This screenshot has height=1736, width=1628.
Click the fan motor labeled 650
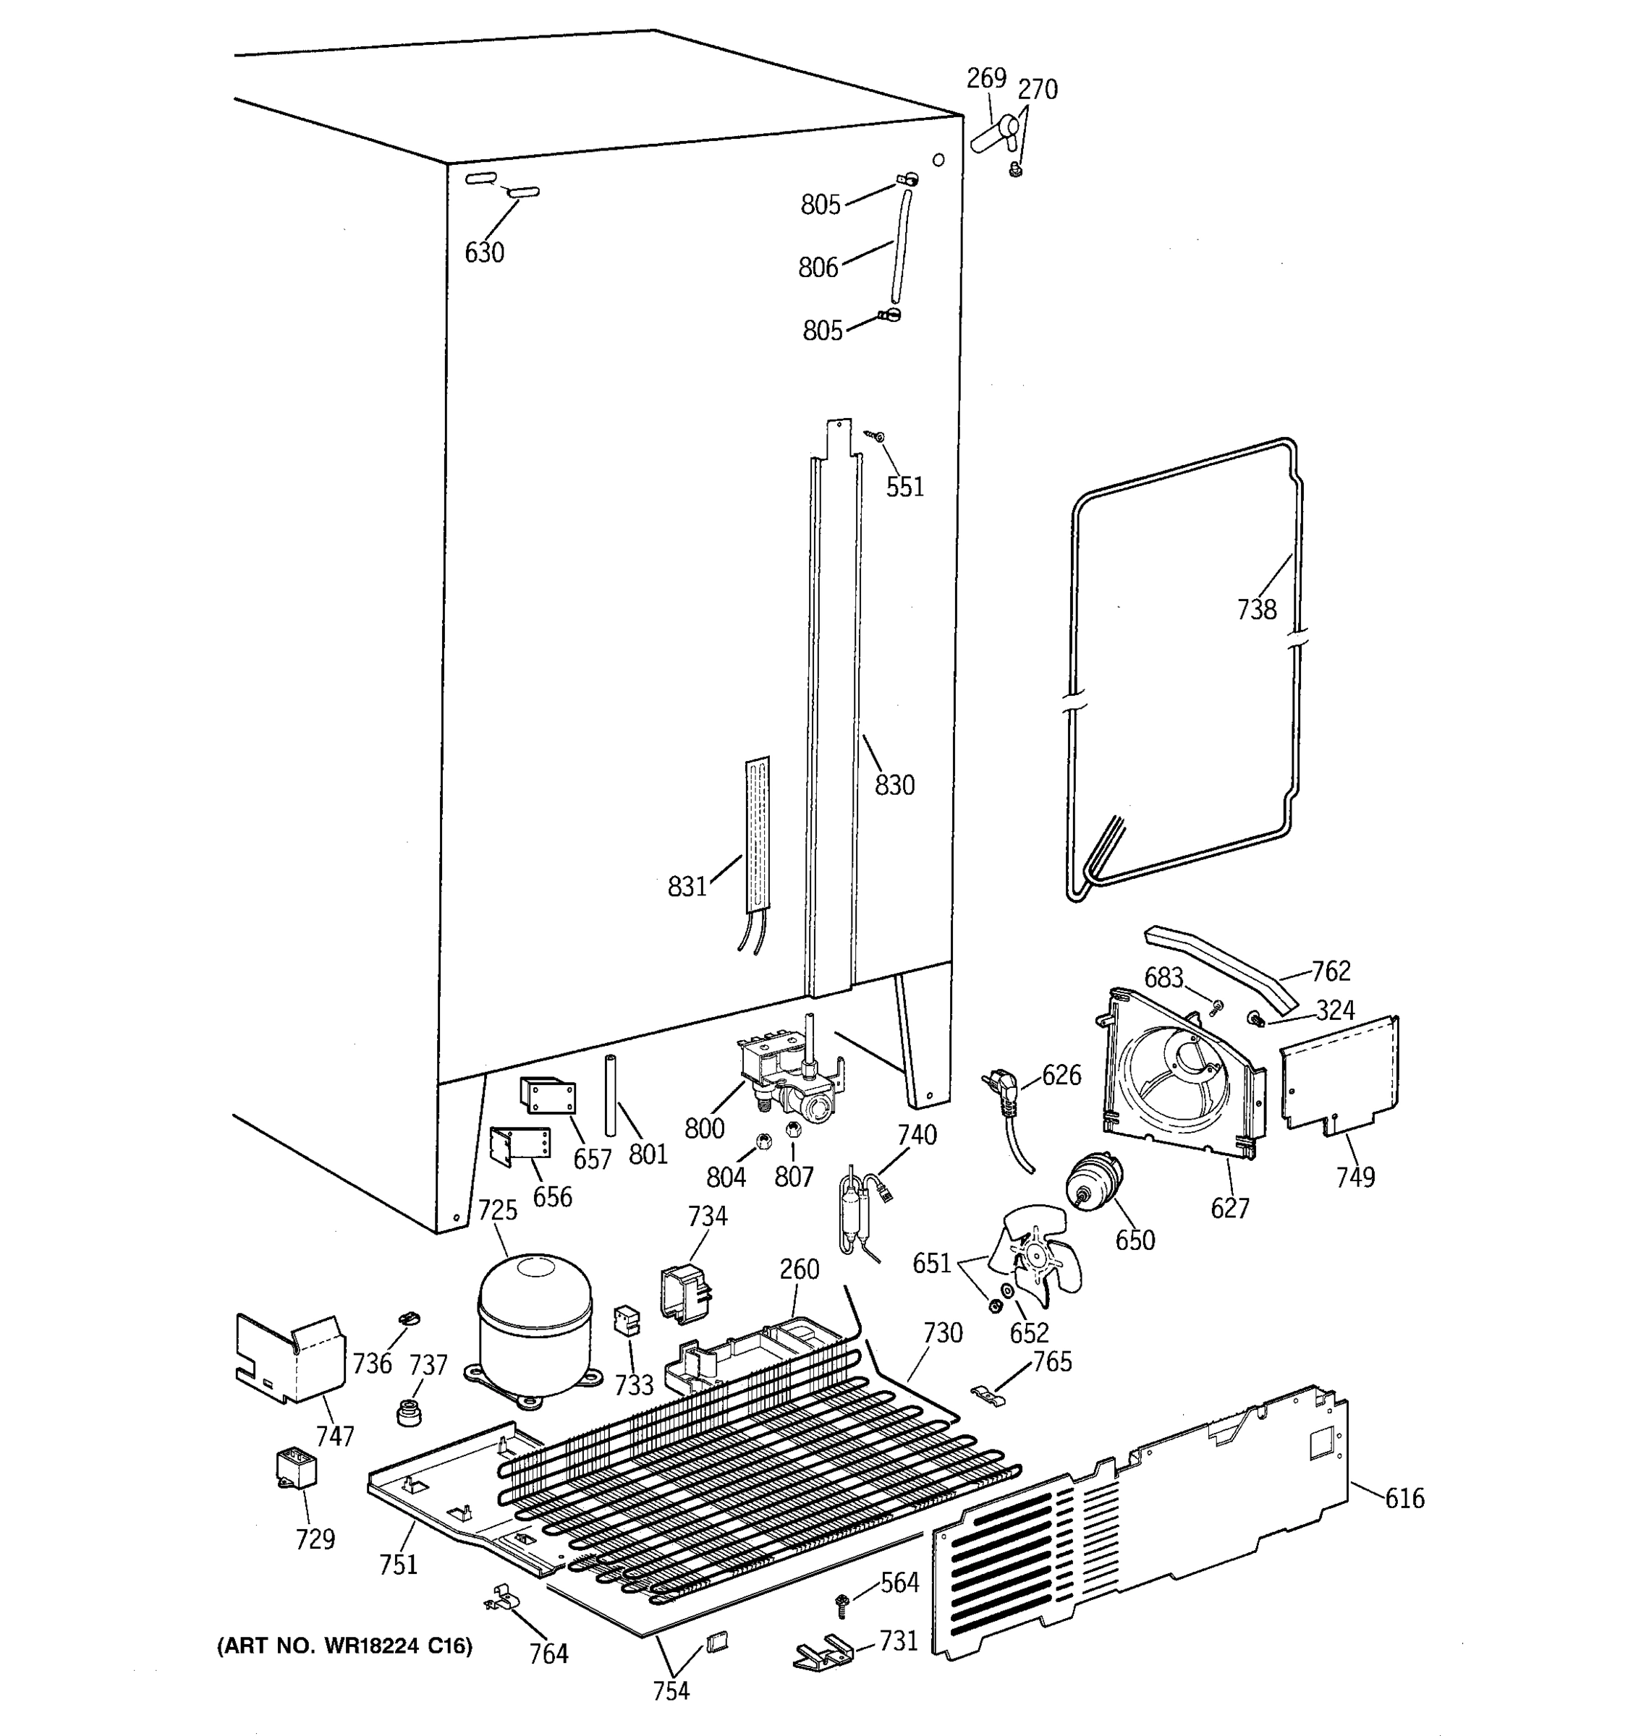(x=1093, y=1183)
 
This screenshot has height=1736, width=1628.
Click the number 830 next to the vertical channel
(x=894, y=785)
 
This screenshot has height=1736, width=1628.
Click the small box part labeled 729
(x=295, y=1466)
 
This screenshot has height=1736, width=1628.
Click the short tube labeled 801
(x=611, y=1096)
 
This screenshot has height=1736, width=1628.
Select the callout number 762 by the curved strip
(x=1330, y=971)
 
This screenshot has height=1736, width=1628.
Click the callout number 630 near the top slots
(x=484, y=252)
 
